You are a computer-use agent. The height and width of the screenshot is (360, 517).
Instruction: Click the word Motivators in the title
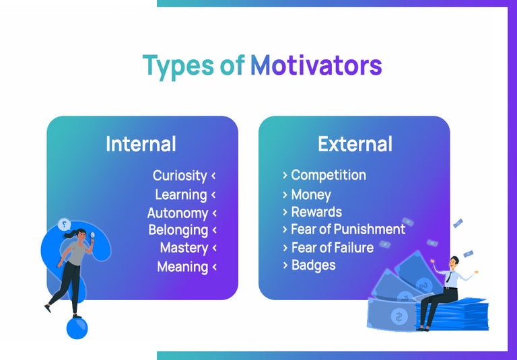point(316,66)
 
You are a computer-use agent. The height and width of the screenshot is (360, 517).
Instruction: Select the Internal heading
point(141,144)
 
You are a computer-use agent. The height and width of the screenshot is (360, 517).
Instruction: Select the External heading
point(355,144)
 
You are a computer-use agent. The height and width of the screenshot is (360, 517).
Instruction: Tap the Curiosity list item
point(179,176)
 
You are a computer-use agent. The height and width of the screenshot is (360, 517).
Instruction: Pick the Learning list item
point(180,195)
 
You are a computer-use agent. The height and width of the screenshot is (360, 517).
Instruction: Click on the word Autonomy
point(177,213)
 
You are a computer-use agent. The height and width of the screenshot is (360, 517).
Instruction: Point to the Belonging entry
point(178,230)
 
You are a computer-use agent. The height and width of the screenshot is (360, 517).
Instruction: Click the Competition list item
point(329,176)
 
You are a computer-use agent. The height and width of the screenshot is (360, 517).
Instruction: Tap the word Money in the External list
point(311,195)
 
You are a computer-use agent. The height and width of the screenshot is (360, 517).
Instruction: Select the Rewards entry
point(316,212)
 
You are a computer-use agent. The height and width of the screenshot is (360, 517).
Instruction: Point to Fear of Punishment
point(348,229)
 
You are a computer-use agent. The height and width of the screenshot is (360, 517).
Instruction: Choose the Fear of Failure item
point(332,248)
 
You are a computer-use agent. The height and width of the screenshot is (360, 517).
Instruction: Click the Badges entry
point(313,265)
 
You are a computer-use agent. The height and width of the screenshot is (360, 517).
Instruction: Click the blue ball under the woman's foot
point(77,328)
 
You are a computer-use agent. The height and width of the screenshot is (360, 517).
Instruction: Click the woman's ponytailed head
point(77,235)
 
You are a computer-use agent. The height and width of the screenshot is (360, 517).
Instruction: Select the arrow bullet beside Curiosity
point(213,176)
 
